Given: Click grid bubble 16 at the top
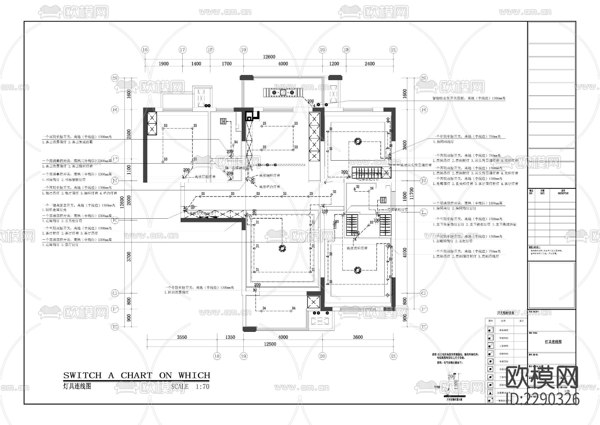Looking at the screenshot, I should [145, 50].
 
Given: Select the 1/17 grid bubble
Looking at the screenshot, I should [210, 50].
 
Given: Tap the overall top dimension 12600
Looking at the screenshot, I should [269, 57].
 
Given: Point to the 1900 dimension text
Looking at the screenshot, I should [163, 64].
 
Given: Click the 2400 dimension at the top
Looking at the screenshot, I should [369, 64].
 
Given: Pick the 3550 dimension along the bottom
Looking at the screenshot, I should [182, 337].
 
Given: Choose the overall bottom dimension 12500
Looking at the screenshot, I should [270, 344].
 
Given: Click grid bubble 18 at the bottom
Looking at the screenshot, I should [217, 356].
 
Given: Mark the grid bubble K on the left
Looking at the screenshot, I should [115, 220].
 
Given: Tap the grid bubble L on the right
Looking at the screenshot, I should [424, 212].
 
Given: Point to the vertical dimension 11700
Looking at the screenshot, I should [412, 193].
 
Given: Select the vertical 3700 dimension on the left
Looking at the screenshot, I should [129, 256].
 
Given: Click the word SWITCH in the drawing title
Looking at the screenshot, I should [82, 376].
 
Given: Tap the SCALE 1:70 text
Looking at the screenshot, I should [190, 387].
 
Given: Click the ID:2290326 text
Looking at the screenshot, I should [543, 399].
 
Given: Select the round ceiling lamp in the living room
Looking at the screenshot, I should [282, 248].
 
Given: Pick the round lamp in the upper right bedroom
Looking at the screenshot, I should [358, 142].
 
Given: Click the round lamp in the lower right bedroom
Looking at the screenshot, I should [357, 270].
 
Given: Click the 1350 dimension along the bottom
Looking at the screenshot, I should [230, 337].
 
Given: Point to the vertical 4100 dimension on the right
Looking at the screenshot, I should [405, 252].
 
